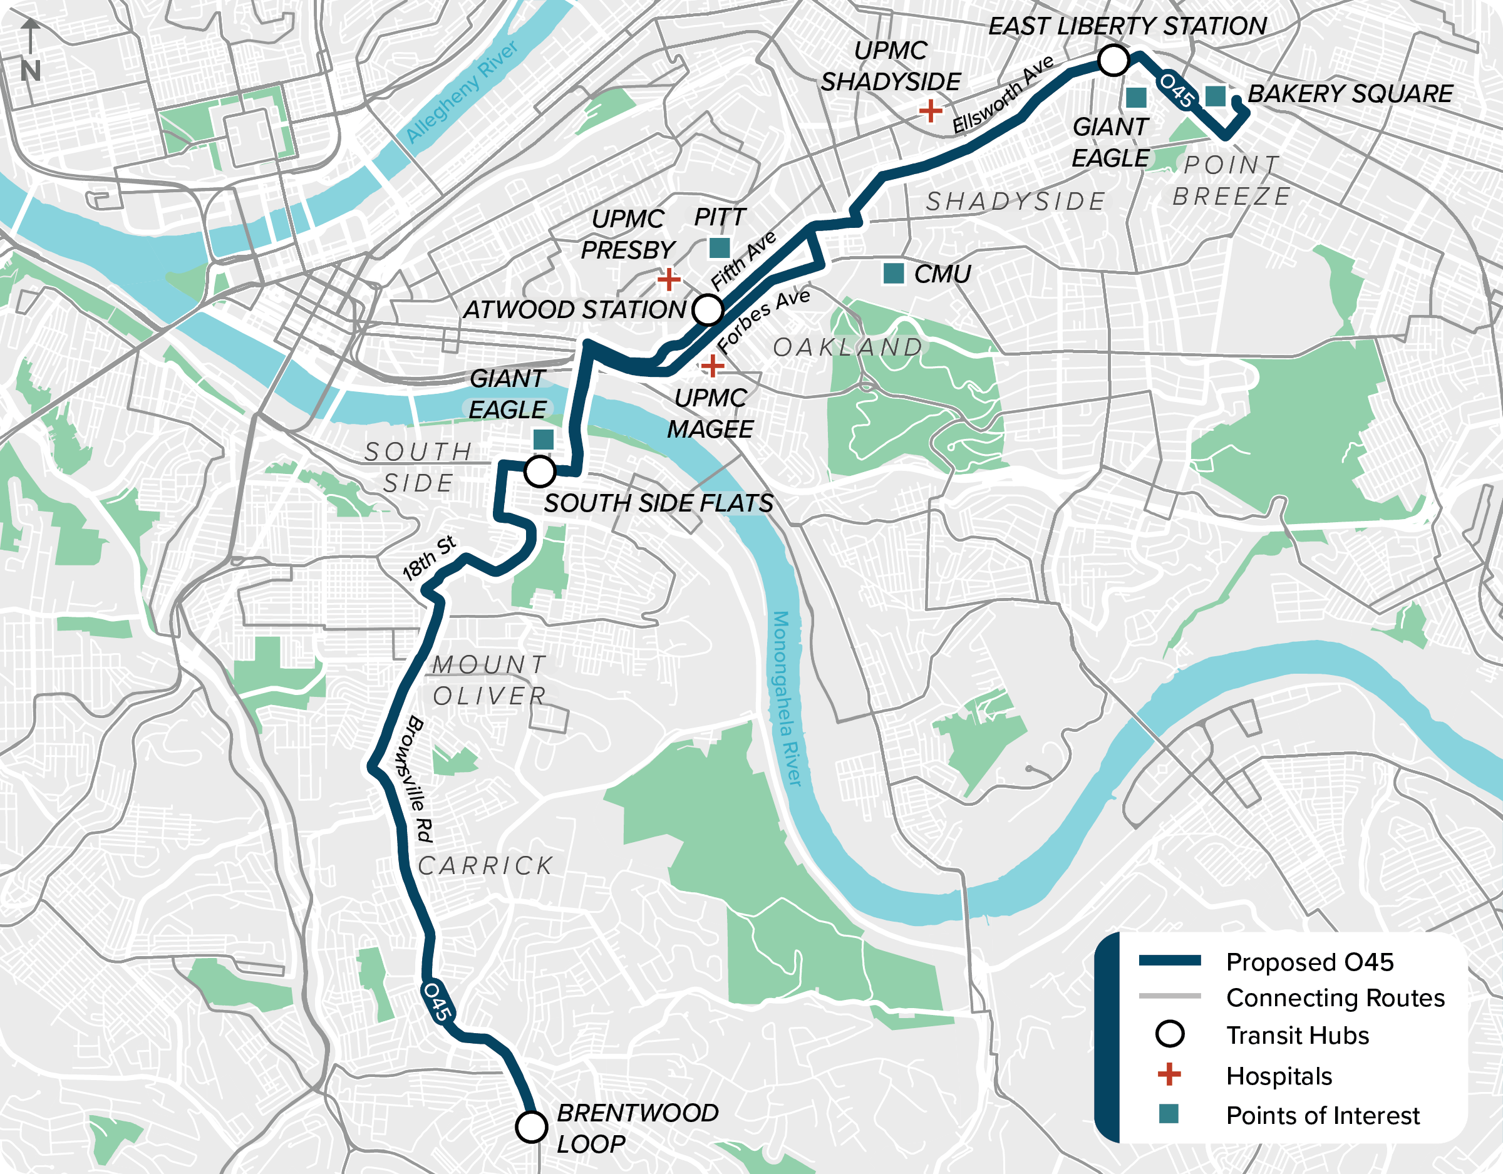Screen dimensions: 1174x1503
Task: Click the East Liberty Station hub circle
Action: [x=1113, y=61]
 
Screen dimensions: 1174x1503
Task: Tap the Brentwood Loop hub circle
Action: [x=531, y=1127]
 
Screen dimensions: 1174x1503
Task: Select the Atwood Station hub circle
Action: [x=708, y=310]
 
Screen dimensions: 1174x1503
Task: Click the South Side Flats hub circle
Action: [x=540, y=472]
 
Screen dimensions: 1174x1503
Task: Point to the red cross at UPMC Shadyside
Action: [x=931, y=110]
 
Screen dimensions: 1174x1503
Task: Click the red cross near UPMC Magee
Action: [x=713, y=366]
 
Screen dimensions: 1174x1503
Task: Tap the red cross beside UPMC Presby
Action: [x=668, y=279]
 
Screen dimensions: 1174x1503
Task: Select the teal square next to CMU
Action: [x=893, y=273]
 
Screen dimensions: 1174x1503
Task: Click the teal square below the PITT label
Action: [x=719, y=248]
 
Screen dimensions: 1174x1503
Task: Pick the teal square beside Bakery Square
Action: [x=1216, y=96]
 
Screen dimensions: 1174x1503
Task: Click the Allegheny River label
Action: [x=461, y=91]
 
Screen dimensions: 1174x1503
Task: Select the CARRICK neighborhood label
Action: [x=486, y=866]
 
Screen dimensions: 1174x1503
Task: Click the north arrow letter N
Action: [x=30, y=71]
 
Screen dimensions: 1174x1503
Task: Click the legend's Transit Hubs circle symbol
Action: [x=1169, y=1034]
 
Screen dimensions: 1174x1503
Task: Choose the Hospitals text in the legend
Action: [x=1279, y=1076]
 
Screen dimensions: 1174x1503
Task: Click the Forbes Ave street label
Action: [x=763, y=320]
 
